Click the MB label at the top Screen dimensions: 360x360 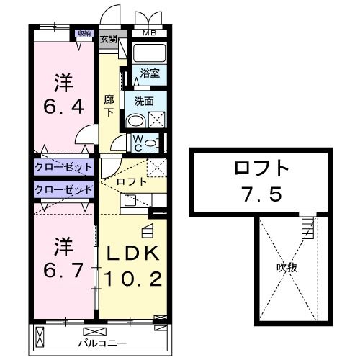(x=148, y=33)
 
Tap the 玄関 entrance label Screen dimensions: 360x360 (x=109, y=40)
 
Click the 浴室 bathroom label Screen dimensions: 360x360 (x=150, y=73)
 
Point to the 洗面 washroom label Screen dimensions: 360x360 (x=144, y=101)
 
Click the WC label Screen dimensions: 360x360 (x=138, y=143)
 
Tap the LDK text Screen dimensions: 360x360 (x=132, y=255)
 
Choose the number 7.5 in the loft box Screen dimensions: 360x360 (x=261, y=194)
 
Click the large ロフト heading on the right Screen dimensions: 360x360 (x=261, y=170)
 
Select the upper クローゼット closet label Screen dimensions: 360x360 (x=63, y=167)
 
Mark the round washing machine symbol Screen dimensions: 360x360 (x=135, y=120)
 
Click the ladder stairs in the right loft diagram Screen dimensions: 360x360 (x=307, y=227)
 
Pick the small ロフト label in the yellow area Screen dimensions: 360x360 (x=132, y=182)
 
